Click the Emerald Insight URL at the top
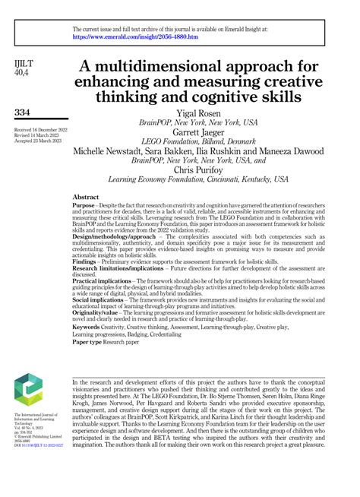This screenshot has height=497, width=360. click(135, 36)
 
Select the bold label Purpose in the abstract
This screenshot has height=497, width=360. click(84, 206)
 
